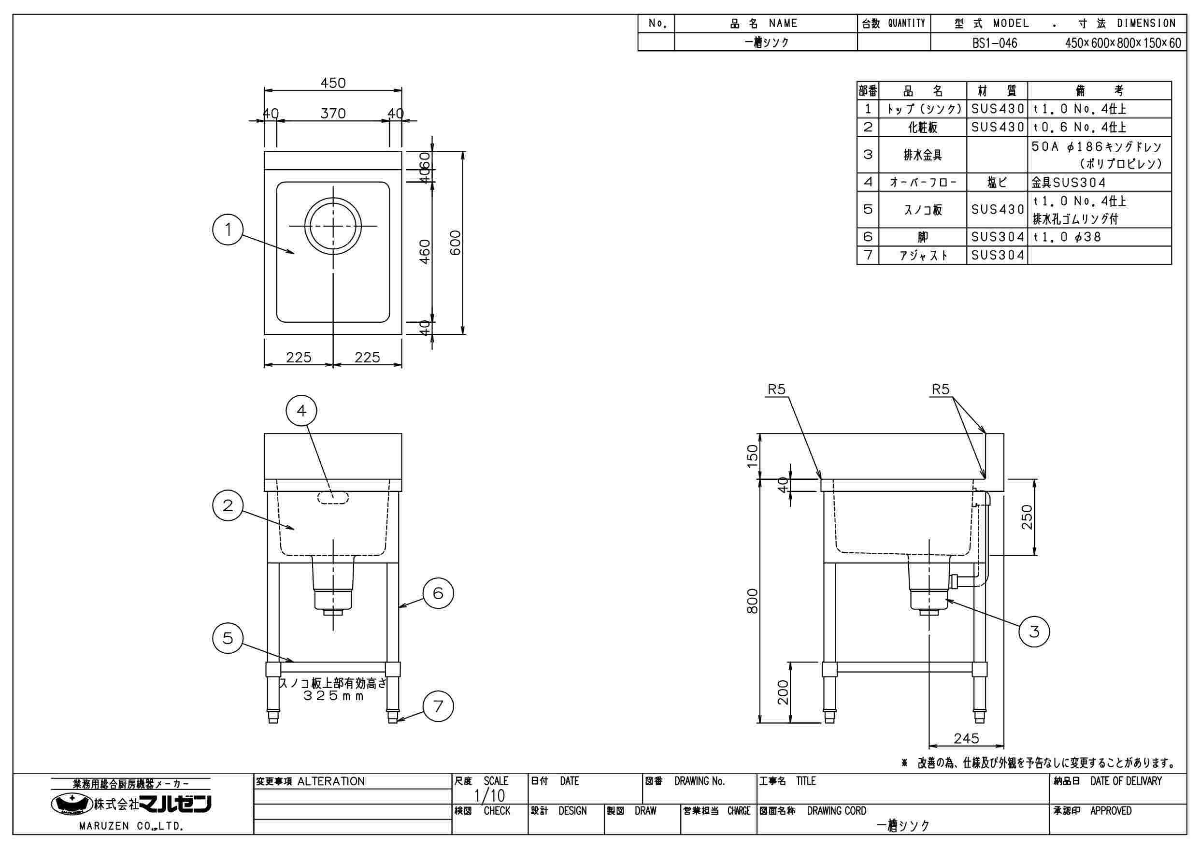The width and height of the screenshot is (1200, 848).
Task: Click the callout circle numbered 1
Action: (x=228, y=229)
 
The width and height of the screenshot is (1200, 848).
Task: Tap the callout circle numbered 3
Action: (x=1034, y=632)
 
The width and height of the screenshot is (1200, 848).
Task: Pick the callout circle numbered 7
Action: (x=438, y=706)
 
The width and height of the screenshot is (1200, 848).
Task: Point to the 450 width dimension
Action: (x=333, y=83)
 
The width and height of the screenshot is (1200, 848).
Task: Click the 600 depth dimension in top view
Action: (x=455, y=243)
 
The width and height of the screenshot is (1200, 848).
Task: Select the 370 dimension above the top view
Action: (x=333, y=114)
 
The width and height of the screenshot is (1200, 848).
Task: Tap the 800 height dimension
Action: (x=752, y=601)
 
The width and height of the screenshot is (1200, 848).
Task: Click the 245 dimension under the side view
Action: (x=966, y=738)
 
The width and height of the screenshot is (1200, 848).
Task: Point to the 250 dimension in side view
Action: (x=1027, y=517)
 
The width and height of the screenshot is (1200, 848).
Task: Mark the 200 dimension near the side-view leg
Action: (x=783, y=692)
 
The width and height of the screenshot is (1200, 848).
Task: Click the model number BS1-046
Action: (x=995, y=43)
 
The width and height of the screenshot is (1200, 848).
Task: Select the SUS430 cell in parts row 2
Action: (x=997, y=127)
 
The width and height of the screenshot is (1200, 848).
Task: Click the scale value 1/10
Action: (x=489, y=796)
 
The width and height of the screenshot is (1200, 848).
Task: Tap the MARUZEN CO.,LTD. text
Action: (x=130, y=826)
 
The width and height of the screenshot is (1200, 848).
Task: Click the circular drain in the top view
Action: (x=333, y=226)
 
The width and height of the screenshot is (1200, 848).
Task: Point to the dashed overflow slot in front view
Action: (x=333, y=497)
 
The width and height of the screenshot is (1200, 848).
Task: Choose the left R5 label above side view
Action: (x=776, y=389)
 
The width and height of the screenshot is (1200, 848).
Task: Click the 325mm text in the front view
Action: (x=333, y=696)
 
